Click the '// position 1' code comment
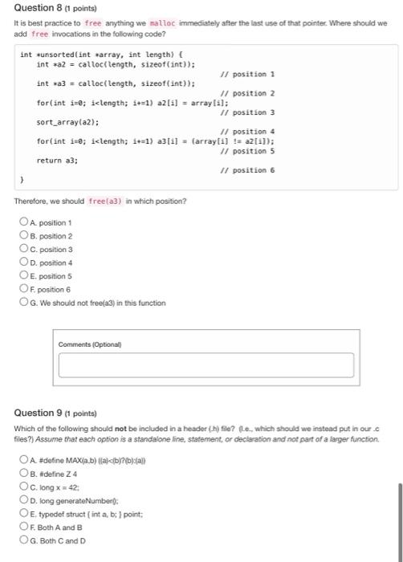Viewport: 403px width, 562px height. tap(247, 74)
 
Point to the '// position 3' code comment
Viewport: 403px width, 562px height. tap(247, 112)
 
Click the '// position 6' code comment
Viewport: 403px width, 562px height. tap(247, 170)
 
